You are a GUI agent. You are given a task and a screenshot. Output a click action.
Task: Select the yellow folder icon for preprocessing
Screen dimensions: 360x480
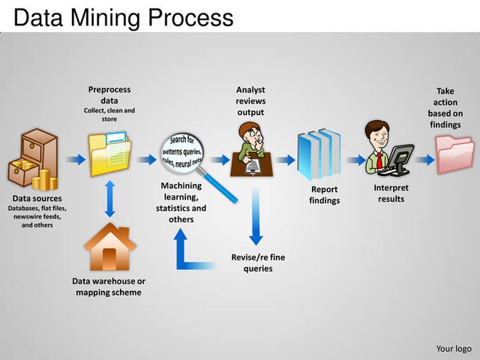click(109, 153)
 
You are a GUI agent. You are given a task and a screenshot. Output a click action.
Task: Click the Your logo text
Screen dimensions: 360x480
click(453, 348)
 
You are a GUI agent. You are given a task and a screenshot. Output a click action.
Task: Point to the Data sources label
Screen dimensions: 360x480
click(37, 199)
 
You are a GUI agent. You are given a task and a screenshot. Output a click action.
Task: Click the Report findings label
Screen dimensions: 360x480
click(325, 195)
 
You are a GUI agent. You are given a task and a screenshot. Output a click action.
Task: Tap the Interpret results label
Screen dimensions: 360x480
click(391, 193)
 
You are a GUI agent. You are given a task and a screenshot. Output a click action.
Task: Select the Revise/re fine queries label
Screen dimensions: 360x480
click(257, 262)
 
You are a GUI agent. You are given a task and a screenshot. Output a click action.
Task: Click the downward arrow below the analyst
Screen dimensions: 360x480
click(256, 217)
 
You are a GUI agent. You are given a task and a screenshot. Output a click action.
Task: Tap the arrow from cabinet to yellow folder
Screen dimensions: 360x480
click(74, 159)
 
